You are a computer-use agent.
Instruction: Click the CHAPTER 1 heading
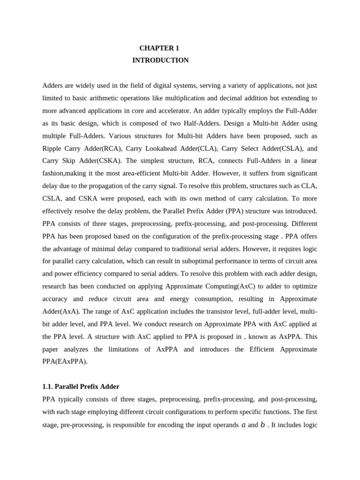(159, 48)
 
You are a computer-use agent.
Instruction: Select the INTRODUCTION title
(160, 60)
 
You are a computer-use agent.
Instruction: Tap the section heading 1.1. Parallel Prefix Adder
(81, 387)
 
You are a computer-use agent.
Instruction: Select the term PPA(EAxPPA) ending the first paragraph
(65, 361)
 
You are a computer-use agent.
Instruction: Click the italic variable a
(243, 425)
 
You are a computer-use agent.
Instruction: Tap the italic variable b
(262, 425)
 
